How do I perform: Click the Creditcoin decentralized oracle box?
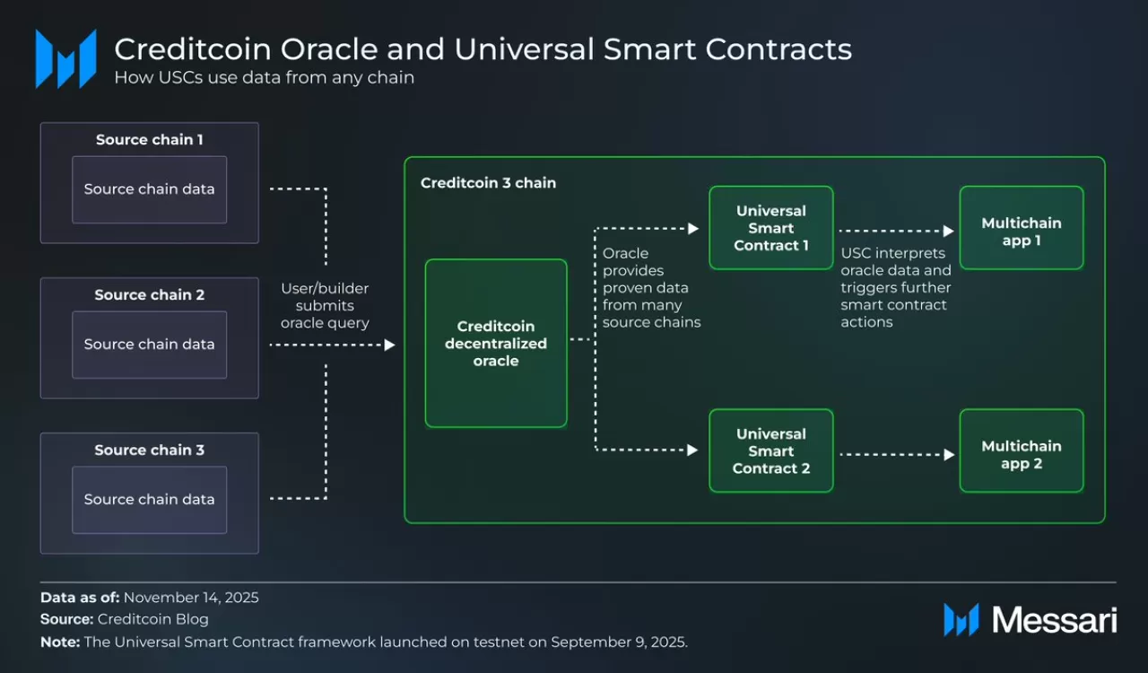click(x=496, y=343)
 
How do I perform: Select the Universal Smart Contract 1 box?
click(x=771, y=228)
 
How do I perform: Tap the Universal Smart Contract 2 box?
click(x=771, y=450)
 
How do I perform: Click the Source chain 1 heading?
click(x=149, y=140)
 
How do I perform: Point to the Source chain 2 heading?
click(x=149, y=295)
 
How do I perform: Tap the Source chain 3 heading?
click(x=149, y=450)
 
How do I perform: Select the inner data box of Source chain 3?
click(x=149, y=500)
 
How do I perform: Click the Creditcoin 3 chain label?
click(x=488, y=183)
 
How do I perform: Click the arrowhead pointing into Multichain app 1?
click(x=949, y=232)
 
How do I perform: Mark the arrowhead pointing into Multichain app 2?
click(x=949, y=455)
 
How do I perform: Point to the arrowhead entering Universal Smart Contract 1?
click(x=693, y=230)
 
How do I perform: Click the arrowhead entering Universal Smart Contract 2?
click(x=693, y=450)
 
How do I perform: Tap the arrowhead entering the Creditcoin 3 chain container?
click(x=390, y=345)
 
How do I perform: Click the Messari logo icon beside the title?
click(x=65, y=59)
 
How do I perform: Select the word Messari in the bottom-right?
click(x=1054, y=620)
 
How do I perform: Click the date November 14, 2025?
click(x=191, y=598)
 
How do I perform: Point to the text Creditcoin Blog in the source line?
click(x=152, y=619)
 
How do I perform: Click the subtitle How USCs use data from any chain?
click(x=264, y=78)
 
